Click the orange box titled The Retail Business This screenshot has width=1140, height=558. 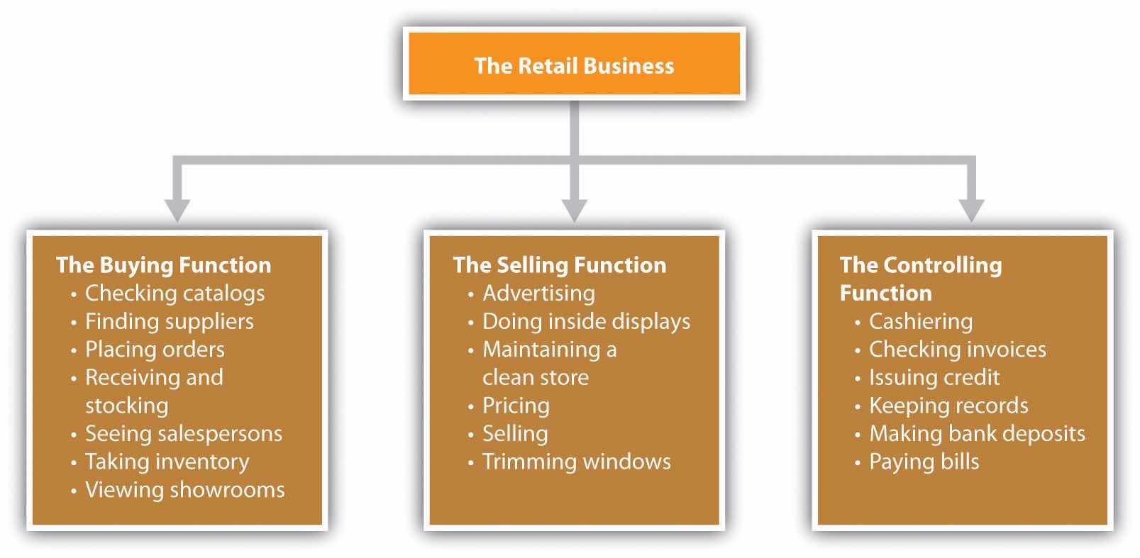[574, 65]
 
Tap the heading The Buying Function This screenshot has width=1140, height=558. [163, 265]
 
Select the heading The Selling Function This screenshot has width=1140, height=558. [559, 265]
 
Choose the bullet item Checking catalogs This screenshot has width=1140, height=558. [175, 293]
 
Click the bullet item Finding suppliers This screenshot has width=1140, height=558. [169, 321]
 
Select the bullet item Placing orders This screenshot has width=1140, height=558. [155, 349]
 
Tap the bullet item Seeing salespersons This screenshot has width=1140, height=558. [183, 433]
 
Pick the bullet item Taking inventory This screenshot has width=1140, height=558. [167, 462]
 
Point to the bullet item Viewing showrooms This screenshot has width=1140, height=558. [184, 489]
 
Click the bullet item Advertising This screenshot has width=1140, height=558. [538, 293]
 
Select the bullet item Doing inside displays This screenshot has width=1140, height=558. [586, 321]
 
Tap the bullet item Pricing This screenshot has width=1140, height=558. [516, 406]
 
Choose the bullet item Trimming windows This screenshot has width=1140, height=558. [576, 462]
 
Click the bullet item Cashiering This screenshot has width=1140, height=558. [921, 321]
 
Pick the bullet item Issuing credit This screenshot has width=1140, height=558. [934, 377]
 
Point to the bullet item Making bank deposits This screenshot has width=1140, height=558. [977, 433]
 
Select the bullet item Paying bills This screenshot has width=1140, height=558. [924, 462]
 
